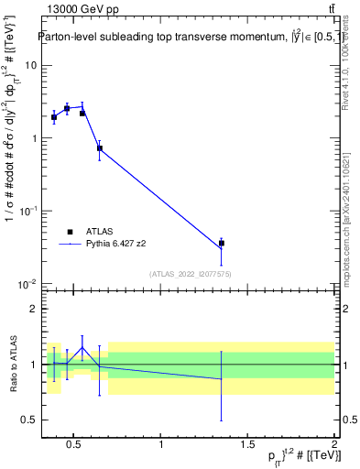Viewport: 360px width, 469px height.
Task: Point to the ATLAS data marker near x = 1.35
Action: pos(221,244)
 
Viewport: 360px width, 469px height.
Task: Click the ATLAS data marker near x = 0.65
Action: pos(100,147)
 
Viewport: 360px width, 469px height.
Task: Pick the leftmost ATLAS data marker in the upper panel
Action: pos(54,117)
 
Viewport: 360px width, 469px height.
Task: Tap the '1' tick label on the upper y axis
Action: pos(34,138)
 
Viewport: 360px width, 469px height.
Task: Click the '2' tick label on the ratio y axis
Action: pos(34,310)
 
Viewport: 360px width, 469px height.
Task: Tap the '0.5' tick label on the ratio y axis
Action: pos(29,420)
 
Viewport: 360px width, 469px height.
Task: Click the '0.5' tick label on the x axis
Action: pos(75,445)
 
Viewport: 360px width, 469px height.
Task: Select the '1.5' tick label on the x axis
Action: pos(248,445)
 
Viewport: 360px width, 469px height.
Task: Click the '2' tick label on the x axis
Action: pos(334,445)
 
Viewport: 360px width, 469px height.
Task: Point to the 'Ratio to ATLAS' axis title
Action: pos(12,365)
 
